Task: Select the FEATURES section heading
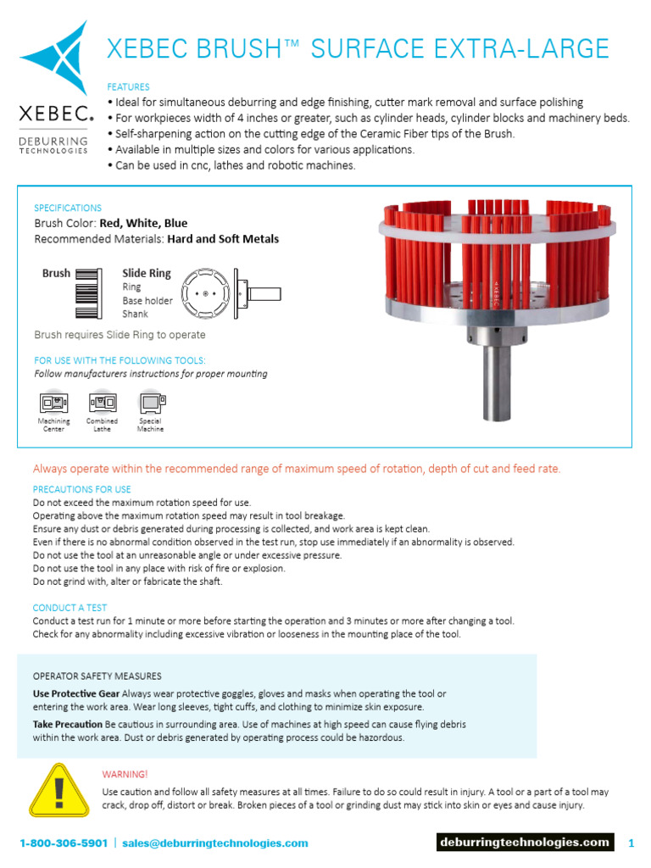128,86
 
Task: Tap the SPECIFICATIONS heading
68,208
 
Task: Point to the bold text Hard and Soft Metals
223,239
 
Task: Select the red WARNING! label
125,774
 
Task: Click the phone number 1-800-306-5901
64,843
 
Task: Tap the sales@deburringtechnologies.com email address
214,843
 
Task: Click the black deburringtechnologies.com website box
525,842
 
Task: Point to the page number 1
631,843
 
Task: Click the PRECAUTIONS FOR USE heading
81,489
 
